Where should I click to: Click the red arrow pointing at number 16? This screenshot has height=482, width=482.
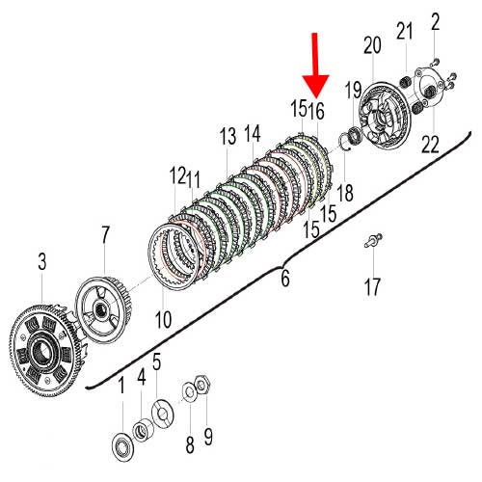pos(315,65)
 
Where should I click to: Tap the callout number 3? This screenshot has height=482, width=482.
pos(42,261)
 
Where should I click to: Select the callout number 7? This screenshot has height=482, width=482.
pos(105,235)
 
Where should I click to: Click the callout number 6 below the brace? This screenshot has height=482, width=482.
pos(285,278)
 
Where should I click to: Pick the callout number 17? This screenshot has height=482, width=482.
pos(372,286)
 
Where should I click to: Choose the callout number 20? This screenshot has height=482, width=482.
pos(372,45)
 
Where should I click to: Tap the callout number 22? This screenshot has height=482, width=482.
pos(430,144)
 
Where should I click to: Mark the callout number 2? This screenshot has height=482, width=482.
pos(435,21)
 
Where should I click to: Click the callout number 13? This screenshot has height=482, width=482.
pos(228,136)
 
